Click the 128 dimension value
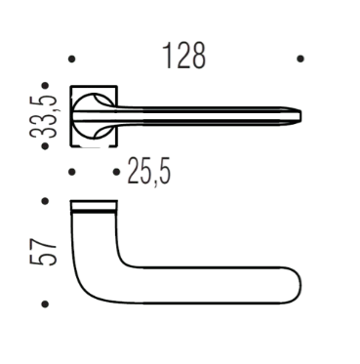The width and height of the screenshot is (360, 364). [184, 56]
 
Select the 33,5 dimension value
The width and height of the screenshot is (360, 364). [44, 117]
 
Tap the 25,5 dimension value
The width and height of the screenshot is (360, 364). [149, 171]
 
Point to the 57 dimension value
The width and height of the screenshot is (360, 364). [44, 251]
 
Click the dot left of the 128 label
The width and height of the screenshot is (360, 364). [72, 60]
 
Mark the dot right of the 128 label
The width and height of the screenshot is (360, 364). [300, 59]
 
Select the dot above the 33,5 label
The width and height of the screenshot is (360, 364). [45, 86]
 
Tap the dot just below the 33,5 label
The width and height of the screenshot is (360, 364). [45, 146]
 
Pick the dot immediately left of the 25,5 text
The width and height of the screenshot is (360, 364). [116, 172]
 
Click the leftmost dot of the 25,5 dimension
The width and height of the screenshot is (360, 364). [72, 172]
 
